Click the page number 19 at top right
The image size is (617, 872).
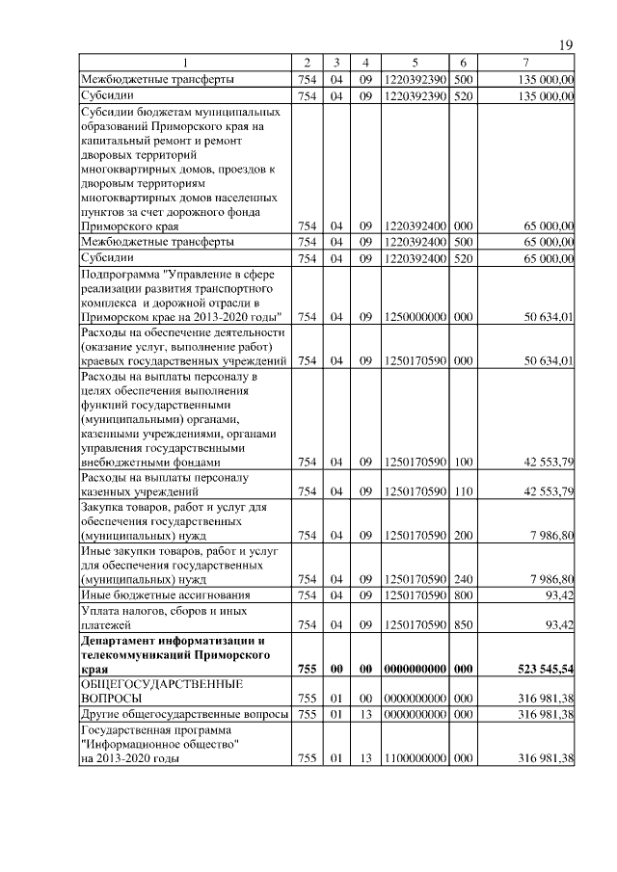click(x=567, y=45)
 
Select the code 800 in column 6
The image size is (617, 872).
click(x=463, y=596)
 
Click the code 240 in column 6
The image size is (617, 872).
click(x=463, y=579)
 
